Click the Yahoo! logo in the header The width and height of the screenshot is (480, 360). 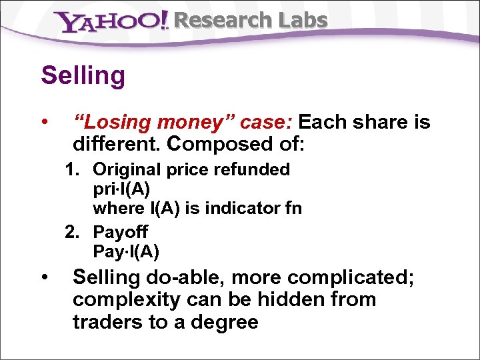(111, 22)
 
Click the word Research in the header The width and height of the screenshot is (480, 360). (213, 21)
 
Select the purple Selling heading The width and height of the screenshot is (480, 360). (83, 75)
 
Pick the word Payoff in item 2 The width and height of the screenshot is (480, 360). (121, 232)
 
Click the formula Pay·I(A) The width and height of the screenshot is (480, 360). (126, 251)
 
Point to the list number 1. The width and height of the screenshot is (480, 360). (71, 170)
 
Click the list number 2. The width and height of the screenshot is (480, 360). (71, 232)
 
